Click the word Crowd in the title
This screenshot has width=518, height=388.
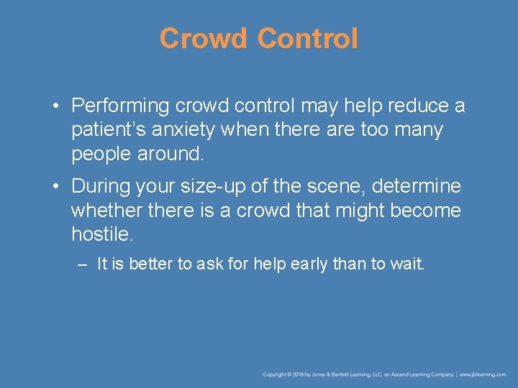(205, 39)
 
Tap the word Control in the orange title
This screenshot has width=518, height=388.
(307, 39)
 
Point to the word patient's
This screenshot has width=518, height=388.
(106, 131)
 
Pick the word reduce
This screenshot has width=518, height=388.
(412, 106)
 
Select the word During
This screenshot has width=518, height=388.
(100, 187)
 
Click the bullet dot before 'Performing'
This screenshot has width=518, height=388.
(55, 107)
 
